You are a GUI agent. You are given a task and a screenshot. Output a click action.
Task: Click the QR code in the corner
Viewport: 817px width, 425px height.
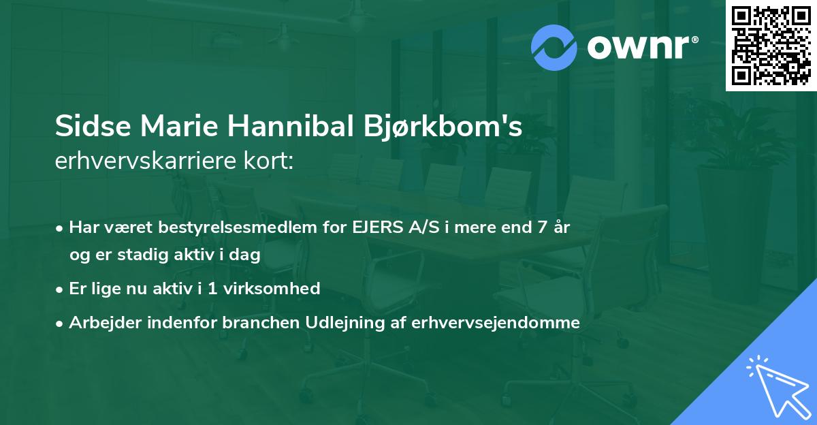(771, 45)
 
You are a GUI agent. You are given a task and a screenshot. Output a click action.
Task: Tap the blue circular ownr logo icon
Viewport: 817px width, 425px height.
(554, 47)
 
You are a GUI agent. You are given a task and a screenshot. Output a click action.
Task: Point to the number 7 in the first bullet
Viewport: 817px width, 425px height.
(542, 227)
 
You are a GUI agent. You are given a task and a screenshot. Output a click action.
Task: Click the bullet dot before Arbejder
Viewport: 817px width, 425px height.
(61, 323)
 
